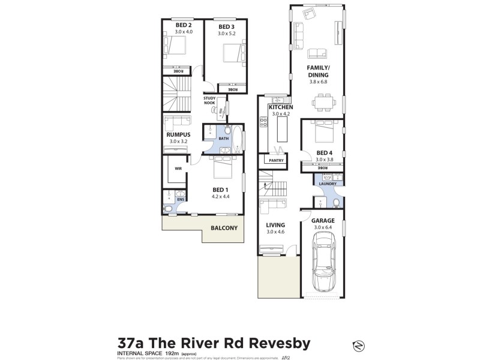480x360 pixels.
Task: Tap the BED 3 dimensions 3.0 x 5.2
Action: [x=226, y=34]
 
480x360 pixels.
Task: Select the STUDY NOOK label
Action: [x=209, y=100]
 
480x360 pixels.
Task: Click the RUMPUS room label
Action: [x=178, y=134]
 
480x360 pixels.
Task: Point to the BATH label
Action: [x=223, y=139]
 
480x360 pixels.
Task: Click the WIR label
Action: [x=178, y=169]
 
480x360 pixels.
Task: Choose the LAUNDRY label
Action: [x=327, y=184]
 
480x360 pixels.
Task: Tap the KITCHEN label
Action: [x=280, y=107]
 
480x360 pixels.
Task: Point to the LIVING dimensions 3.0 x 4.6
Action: [x=275, y=232]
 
